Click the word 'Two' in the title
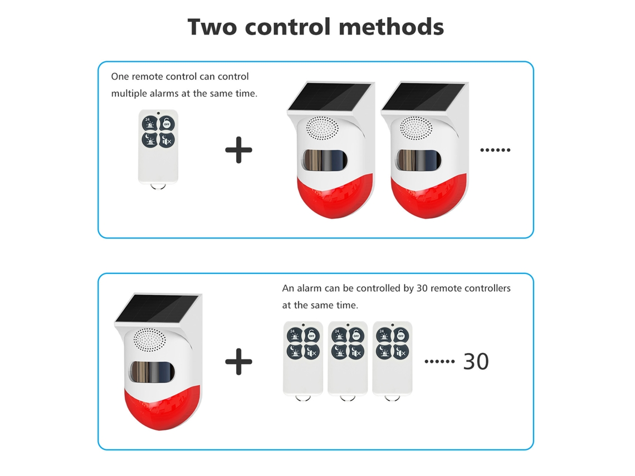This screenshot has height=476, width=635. [212, 27]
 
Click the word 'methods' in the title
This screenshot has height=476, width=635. [391, 27]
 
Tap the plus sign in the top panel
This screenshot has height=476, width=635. [238, 150]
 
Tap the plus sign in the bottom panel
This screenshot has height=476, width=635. [238, 361]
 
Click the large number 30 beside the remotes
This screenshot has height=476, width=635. [476, 361]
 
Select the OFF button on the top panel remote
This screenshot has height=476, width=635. [167, 123]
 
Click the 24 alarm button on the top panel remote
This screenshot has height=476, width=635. [149, 123]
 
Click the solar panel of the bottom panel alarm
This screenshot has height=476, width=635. [157, 308]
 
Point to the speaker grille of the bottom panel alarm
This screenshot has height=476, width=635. [149, 340]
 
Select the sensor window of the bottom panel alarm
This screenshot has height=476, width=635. [152, 371]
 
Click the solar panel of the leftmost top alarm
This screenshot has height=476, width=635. [329, 96]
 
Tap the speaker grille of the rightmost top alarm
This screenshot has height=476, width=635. [416, 128]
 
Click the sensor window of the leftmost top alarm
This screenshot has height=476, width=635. [324, 160]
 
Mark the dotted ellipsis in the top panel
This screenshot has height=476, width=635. [495, 150]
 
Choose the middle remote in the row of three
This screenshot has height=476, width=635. [348, 359]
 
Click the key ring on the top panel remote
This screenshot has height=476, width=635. [158, 187]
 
